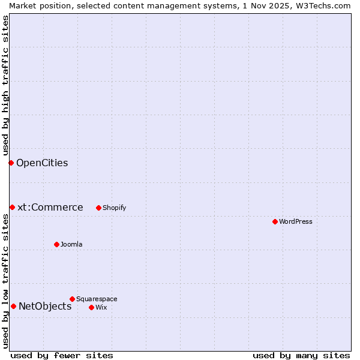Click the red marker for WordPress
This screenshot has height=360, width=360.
[275, 221]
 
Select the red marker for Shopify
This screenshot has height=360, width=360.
[98, 208]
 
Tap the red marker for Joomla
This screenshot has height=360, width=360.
[56, 244]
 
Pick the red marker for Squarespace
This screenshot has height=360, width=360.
[72, 299]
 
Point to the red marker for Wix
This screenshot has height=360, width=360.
[91, 307]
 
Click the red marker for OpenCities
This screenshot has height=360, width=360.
[11, 163]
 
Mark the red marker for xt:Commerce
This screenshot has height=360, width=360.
[12, 207]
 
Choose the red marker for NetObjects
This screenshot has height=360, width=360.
[13, 306]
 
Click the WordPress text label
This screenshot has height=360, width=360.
[296, 221]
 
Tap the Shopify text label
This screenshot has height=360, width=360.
[115, 208]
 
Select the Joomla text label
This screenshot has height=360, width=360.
[71, 244]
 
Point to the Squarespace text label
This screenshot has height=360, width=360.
[97, 299]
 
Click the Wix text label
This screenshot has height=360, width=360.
[101, 307]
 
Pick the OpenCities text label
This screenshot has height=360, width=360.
[42, 163]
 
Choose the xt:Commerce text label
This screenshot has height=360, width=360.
[50, 207]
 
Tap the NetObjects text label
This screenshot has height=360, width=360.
[45, 306]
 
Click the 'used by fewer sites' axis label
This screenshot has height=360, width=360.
[62, 355]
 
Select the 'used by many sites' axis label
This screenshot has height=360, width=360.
[301, 355]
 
